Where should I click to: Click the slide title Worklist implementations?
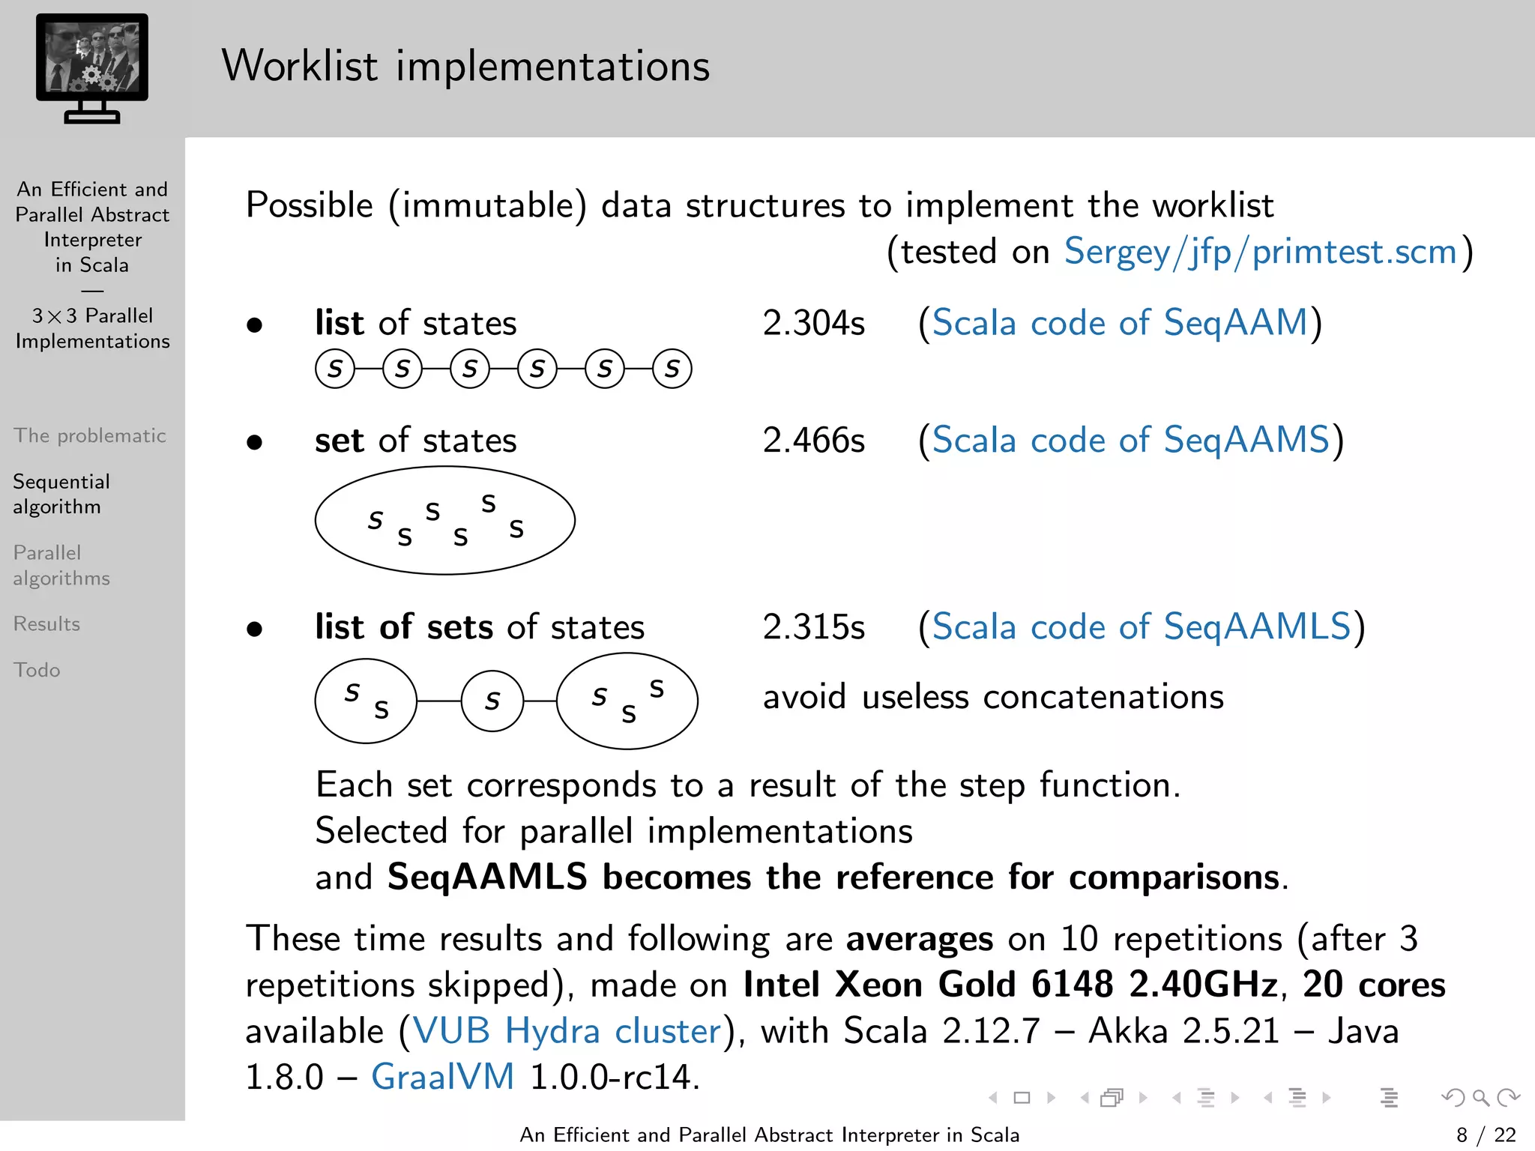[465, 66]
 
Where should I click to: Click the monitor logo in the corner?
[91, 67]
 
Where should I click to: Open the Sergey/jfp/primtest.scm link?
[1260, 252]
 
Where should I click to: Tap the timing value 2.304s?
[813, 323]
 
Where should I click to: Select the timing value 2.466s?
[813, 440]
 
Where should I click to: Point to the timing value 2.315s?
[813, 626]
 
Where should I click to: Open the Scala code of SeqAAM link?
[1120, 323]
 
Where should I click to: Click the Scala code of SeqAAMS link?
[1130, 440]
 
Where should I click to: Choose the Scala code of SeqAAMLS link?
[1141, 626]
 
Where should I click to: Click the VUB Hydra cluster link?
[567, 1031]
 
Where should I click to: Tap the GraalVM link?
[442, 1078]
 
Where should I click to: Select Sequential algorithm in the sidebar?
[61, 494]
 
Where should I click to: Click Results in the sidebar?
[46, 623]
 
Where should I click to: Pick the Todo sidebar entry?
[37, 670]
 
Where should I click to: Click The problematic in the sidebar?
[89, 435]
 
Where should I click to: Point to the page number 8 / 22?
[1486, 1135]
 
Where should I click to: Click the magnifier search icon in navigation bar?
[1480, 1098]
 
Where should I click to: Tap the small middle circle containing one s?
[492, 701]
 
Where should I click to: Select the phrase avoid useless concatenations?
[993, 697]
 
